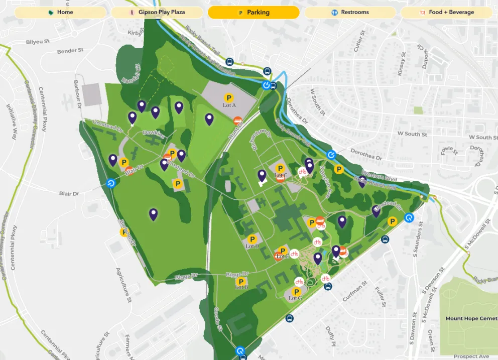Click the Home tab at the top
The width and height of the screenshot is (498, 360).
60,13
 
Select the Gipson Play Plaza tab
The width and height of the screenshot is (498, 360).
157,13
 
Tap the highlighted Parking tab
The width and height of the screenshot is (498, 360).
254,13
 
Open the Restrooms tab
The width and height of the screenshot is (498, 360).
350,13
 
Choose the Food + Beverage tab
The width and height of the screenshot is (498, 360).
446,13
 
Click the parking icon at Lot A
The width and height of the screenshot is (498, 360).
229,98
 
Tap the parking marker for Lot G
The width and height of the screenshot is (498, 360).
296,291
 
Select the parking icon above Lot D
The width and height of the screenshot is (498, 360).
253,239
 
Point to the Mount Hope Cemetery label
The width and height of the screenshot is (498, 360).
471,319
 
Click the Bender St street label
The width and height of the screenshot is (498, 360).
70,51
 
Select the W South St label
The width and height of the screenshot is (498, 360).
412,135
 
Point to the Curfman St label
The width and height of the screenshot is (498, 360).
352,295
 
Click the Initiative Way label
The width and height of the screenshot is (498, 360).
11,119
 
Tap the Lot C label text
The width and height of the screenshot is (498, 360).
281,176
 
